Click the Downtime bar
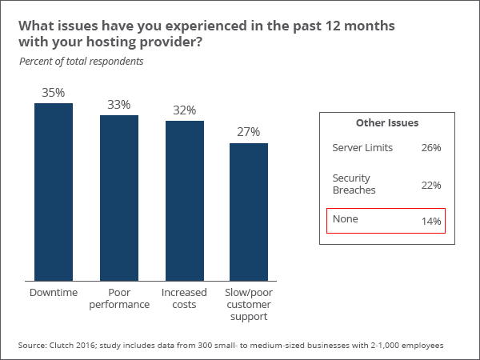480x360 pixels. (x=54, y=192)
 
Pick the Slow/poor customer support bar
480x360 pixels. (x=249, y=212)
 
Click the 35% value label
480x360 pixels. (x=54, y=93)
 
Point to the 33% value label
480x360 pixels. (x=119, y=105)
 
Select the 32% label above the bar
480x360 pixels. (x=185, y=110)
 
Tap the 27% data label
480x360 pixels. (x=249, y=133)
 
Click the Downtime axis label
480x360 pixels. (x=54, y=294)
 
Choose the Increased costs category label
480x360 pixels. (x=185, y=299)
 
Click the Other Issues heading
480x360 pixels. (x=387, y=123)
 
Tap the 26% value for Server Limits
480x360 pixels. (x=431, y=148)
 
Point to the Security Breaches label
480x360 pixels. (x=352, y=184)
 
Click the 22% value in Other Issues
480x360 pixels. (x=431, y=186)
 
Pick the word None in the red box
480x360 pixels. (x=345, y=219)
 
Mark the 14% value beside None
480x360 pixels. (x=431, y=221)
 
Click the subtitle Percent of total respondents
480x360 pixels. (x=81, y=62)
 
